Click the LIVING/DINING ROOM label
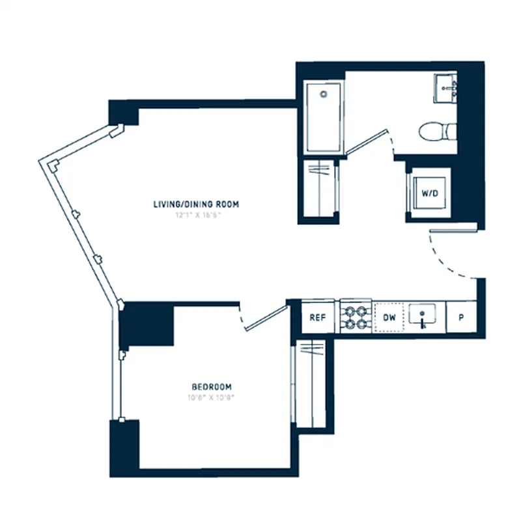(196, 204)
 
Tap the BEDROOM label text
(212, 386)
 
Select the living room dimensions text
(196, 215)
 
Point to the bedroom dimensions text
(212, 397)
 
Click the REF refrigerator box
(318, 317)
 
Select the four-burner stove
(356, 318)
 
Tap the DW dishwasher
(389, 317)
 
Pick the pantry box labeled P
(461, 317)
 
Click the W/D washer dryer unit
(429, 193)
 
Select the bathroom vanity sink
(447, 87)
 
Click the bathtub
(324, 117)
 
